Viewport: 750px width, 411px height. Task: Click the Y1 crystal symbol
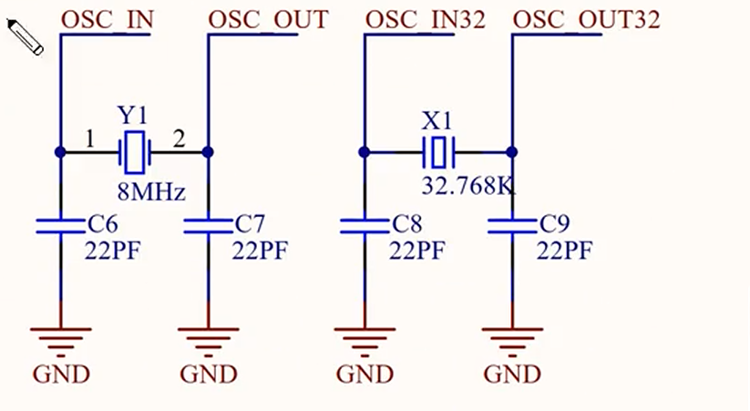click(x=135, y=151)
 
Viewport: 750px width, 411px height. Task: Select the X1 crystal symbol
click(x=438, y=151)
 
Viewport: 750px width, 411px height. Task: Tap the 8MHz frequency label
click(x=151, y=192)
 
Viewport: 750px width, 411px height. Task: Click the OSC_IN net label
click(x=108, y=18)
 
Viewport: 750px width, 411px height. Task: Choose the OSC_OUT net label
click(x=268, y=18)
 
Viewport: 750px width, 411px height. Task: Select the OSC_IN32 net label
click(x=424, y=18)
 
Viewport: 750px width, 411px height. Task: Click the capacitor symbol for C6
click(x=60, y=225)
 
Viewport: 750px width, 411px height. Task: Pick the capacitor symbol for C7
click(x=209, y=225)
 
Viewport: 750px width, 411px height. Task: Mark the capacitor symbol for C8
click(x=365, y=225)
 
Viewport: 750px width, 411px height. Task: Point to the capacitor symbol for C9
click(x=512, y=225)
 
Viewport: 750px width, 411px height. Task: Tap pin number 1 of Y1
click(x=89, y=139)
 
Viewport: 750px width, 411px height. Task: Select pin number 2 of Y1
click(x=179, y=139)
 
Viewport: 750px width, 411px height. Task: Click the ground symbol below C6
click(x=60, y=339)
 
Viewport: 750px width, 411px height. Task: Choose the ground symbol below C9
click(x=512, y=339)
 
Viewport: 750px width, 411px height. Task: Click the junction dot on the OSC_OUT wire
click(x=209, y=151)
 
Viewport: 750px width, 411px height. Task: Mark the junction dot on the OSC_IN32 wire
click(x=365, y=151)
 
